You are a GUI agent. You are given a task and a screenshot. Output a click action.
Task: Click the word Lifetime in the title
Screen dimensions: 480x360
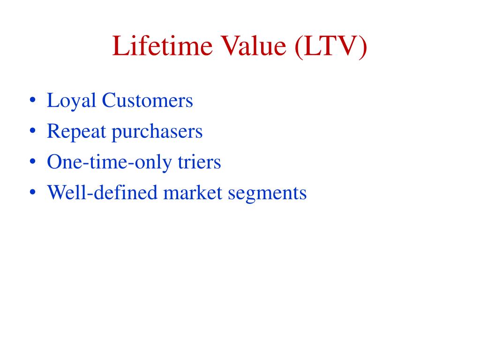162,46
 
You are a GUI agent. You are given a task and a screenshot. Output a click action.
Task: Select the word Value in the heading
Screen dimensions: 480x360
254,46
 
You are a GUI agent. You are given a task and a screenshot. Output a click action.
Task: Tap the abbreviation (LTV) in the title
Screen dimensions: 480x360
331,47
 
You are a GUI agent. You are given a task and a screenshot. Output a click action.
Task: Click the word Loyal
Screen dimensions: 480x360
71,101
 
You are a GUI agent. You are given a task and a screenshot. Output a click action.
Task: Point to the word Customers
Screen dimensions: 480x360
147,100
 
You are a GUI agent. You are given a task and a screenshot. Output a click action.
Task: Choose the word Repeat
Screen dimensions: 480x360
76,132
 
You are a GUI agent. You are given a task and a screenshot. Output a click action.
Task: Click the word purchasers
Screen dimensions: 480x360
157,132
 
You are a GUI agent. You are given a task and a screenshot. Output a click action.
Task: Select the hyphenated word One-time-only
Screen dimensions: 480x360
109,163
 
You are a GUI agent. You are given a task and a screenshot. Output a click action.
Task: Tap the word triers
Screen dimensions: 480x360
199,162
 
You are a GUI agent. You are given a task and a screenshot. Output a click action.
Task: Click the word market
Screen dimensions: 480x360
193,192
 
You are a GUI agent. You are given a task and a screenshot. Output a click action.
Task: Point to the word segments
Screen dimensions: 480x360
267,194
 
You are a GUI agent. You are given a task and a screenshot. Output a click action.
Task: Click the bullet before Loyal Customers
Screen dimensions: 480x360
32,100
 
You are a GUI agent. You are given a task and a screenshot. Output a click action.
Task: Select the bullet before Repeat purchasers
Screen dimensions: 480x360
32,131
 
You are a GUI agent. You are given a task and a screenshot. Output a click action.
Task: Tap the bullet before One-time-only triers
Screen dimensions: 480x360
32,161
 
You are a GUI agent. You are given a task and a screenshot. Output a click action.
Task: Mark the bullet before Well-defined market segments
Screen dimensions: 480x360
32,192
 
